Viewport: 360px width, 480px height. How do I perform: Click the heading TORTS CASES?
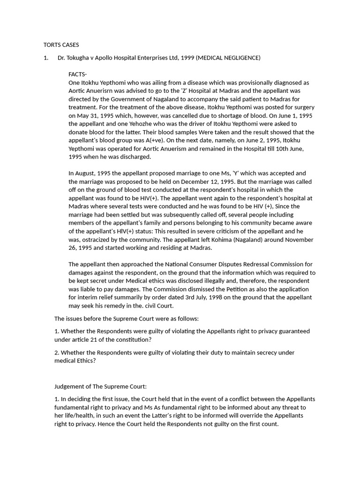click(61, 45)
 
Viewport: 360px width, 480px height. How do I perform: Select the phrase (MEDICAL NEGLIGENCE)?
click(228, 58)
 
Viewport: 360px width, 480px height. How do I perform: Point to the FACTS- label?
click(78, 74)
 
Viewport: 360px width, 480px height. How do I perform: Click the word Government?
click(128, 99)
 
